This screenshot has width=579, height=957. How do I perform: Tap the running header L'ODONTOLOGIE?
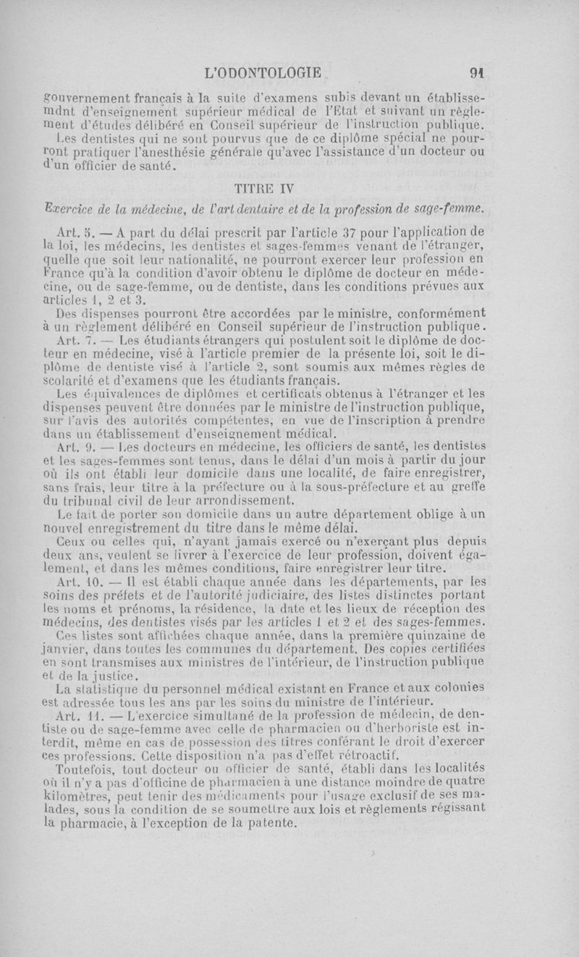tap(263, 72)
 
